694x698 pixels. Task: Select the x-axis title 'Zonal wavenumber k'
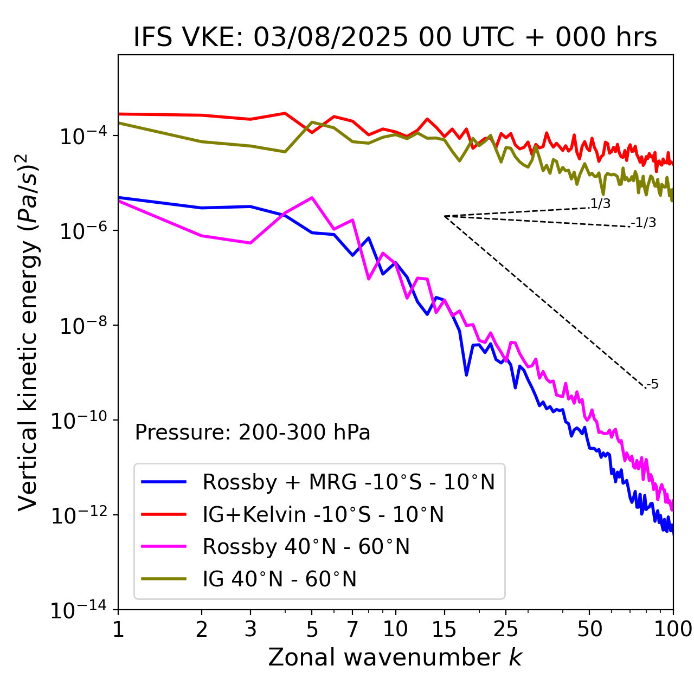point(395,657)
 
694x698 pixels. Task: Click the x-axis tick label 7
point(352,629)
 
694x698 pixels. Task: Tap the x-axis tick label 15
point(444,629)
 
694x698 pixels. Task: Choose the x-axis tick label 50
point(589,629)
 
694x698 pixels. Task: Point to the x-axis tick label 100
point(672,629)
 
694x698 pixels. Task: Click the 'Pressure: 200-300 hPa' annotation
point(252,432)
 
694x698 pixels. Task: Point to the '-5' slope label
point(652,385)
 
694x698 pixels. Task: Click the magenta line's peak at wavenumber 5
point(312,197)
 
